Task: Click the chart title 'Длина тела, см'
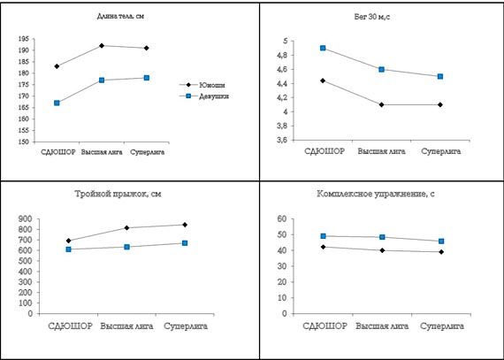120,17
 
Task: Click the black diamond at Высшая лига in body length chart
102,46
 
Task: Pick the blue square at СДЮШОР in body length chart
57,103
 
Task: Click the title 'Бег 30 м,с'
372,17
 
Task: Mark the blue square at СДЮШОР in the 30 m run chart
323,49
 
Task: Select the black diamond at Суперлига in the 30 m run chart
440,104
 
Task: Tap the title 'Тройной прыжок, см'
118,194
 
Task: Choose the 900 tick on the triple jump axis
26,218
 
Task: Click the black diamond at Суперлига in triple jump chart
185,225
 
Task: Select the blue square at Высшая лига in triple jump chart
127,247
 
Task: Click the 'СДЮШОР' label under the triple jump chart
70,326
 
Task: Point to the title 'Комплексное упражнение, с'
376,194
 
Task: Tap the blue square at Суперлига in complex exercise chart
441,241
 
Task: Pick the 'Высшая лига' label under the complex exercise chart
382,326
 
